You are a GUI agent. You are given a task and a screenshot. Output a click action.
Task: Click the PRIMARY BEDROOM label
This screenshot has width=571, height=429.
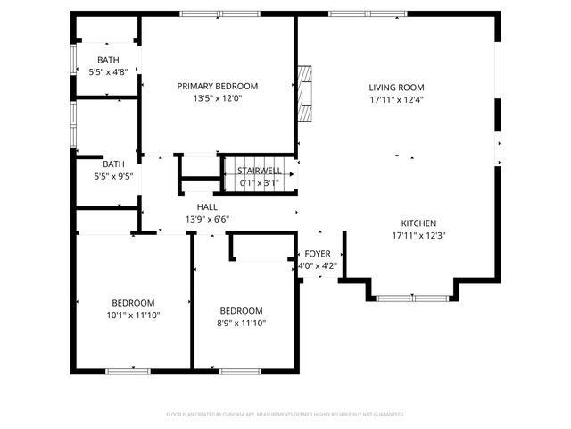pos(217,87)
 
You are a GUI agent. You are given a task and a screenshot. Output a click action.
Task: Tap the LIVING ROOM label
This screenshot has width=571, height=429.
pos(397,88)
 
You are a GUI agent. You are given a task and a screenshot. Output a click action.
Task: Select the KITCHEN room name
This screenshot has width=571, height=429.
pos(418,223)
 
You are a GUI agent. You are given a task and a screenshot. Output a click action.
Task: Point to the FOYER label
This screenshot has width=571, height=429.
pos(318,254)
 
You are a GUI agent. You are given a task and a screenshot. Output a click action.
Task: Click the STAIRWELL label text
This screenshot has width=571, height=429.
pos(259,171)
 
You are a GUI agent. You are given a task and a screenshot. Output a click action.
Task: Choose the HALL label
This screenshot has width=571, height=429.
pos(207,206)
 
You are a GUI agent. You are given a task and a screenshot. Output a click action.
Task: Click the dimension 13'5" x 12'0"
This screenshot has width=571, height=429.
pos(217,99)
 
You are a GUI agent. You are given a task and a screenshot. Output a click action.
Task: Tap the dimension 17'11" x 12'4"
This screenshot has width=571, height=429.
pos(397,100)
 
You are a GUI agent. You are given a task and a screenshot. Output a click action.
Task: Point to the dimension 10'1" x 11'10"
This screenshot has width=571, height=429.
pos(133,315)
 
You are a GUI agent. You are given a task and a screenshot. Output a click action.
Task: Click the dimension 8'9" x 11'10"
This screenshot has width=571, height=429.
pos(242,323)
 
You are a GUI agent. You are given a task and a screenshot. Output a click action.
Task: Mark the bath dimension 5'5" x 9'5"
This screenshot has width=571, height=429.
pos(113,176)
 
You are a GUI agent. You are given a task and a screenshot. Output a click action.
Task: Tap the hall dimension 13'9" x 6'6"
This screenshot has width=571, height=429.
pos(207,219)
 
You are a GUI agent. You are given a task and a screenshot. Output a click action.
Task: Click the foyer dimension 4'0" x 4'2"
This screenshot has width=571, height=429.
pos(318,265)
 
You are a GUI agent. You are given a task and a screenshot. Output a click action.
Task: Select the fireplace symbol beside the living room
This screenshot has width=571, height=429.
pos(305,92)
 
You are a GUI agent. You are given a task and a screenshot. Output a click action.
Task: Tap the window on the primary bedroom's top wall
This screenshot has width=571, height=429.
pos(219,14)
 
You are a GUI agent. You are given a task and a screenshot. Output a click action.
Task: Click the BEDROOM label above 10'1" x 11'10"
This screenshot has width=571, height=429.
pos(133,302)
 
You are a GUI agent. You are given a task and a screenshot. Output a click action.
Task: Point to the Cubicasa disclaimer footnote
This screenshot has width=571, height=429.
pos(285,414)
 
